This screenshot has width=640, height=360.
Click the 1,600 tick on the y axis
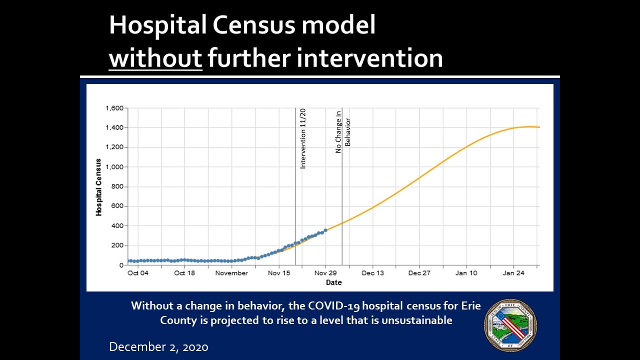pyautogui.click(x=114, y=108)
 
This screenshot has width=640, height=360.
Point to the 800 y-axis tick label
pyautogui.click(x=117, y=186)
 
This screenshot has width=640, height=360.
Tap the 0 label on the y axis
pyautogui.click(x=121, y=265)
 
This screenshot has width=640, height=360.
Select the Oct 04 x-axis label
pyautogui.click(x=138, y=273)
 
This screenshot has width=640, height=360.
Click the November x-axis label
pyautogui.click(x=231, y=273)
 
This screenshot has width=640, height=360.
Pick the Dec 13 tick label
pyautogui.click(x=373, y=273)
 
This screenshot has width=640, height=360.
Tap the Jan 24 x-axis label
pyautogui.click(x=513, y=273)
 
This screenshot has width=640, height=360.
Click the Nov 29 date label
pyautogui.click(x=325, y=273)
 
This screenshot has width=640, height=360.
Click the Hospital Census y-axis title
pyautogui.click(x=98, y=187)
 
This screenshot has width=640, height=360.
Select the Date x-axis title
pyautogui.click(x=334, y=282)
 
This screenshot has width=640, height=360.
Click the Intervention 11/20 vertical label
pyautogui.click(x=303, y=138)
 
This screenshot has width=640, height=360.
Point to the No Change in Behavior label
pyautogui.click(x=343, y=132)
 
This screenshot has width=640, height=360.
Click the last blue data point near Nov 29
pyautogui.click(x=326, y=230)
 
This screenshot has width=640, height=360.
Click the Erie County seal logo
pyautogui.click(x=510, y=325)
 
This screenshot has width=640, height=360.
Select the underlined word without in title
pyautogui.click(x=155, y=58)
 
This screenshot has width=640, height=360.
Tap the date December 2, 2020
pyautogui.click(x=159, y=347)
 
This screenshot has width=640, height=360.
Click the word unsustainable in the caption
pyautogui.click(x=417, y=320)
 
